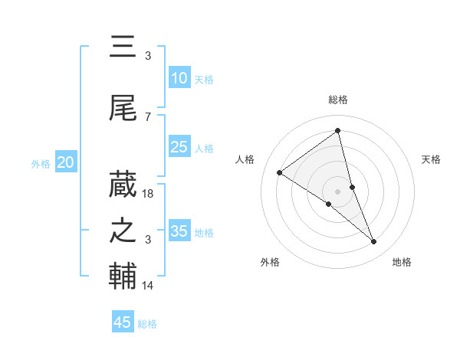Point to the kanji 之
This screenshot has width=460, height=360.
click(123, 231)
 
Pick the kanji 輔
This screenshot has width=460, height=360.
click(123, 277)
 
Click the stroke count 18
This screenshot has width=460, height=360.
click(149, 194)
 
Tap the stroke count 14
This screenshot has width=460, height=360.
click(149, 286)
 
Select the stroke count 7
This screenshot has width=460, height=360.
click(148, 117)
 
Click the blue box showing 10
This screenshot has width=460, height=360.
click(179, 78)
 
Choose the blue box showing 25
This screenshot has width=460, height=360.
click(179, 147)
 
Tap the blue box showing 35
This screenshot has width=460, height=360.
click(179, 231)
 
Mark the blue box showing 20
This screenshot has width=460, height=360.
click(66, 162)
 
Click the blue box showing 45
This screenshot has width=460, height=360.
click(123, 322)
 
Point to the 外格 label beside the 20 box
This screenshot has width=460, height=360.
click(41, 163)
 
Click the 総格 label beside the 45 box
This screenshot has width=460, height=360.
click(147, 324)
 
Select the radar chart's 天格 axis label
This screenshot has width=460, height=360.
click(431, 159)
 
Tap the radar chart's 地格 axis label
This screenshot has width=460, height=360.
click(402, 262)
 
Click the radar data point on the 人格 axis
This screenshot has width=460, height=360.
click(280, 172)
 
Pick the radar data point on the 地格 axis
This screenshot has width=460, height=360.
click(374, 241)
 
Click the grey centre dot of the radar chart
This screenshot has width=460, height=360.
click(338, 191)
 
